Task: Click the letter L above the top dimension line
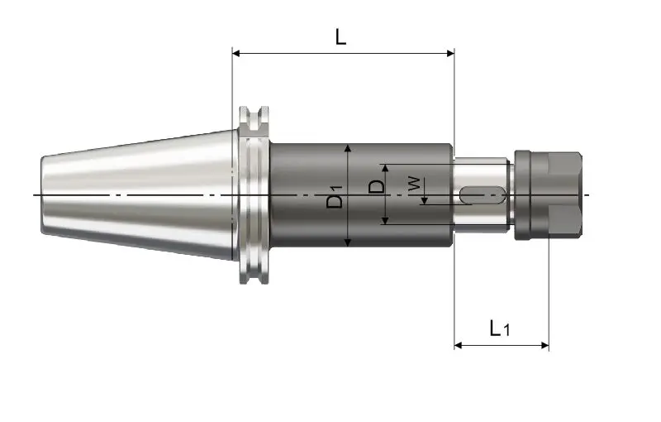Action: point(340,36)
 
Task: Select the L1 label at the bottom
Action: point(500,328)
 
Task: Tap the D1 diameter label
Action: point(335,195)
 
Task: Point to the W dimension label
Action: point(414,184)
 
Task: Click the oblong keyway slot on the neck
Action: point(482,195)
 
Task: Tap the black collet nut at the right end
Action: point(548,195)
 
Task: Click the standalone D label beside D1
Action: point(376,186)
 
